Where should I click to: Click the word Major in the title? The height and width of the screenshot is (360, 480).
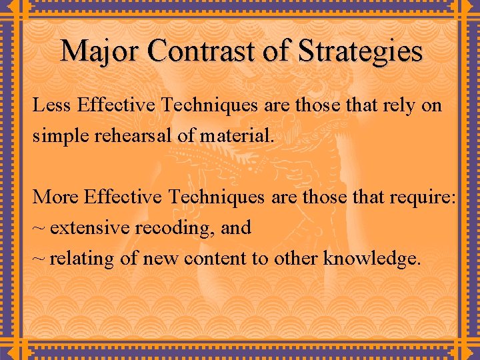[101, 51]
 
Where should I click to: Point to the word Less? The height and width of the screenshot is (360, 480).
[52, 105]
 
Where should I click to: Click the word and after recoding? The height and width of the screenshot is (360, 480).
[236, 228]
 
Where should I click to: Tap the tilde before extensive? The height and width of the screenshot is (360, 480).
[39, 229]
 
